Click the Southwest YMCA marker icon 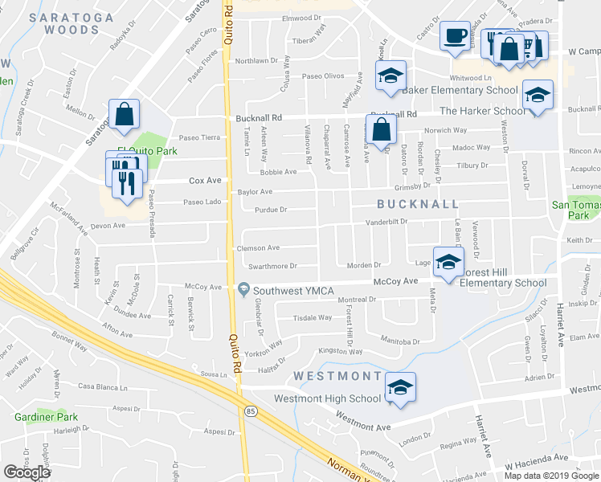pyautogui.click(x=243, y=288)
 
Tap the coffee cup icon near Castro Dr pyautogui.click(x=456, y=36)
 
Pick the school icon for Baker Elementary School pyautogui.click(x=390, y=76)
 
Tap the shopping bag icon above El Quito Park pyautogui.click(x=125, y=115)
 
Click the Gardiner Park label pyautogui.click(x=46, y=417)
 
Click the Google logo pyautogui.click(x=27, y=472)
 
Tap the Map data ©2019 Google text pyautogui.click(x=550, y=476)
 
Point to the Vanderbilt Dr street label pyautogui.click(x=387, y=222)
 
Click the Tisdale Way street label pyautogui.click(x=313, y=317)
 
